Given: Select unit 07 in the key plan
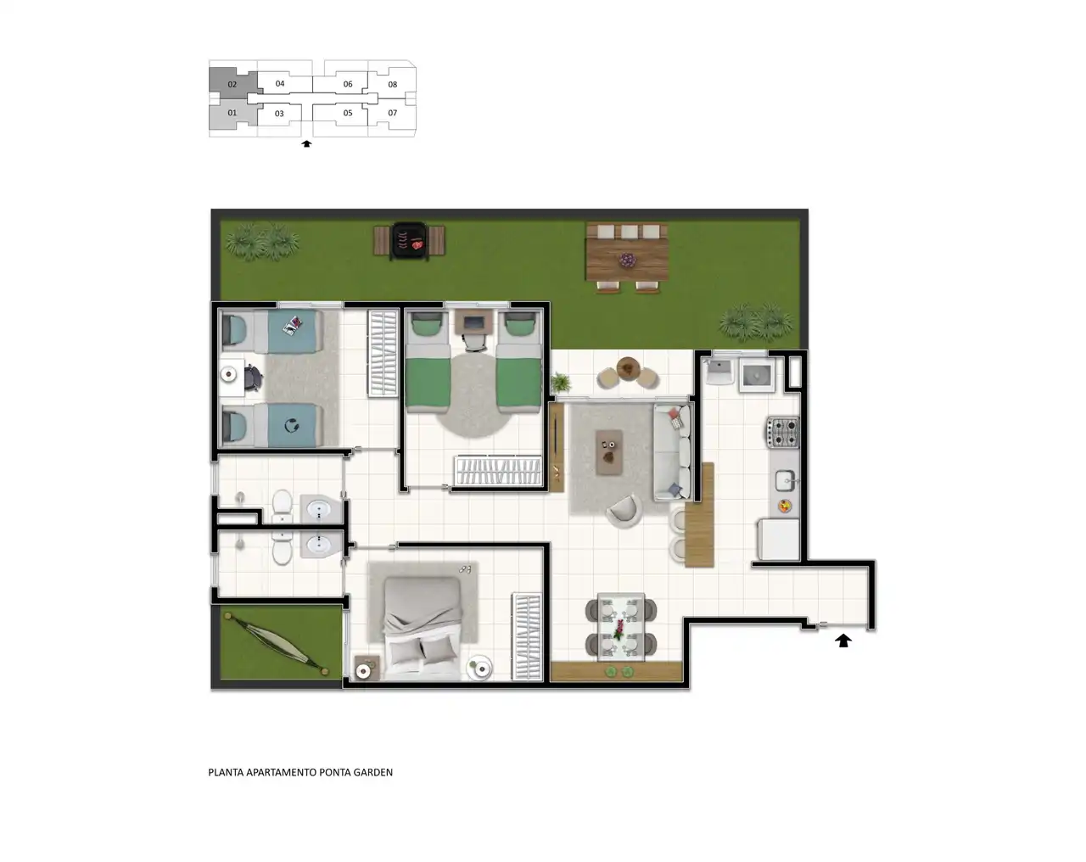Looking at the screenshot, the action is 392,113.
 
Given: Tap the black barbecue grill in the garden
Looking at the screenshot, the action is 409,241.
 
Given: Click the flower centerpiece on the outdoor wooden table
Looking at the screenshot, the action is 627,260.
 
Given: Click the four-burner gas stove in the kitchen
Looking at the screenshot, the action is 783,433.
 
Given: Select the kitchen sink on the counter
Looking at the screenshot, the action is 786,480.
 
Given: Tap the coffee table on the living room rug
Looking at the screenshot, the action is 609,452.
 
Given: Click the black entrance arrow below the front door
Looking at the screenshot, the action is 842,641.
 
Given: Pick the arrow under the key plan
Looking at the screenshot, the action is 306,144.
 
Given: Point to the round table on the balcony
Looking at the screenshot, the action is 628,367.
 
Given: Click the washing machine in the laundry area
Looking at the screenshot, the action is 757,375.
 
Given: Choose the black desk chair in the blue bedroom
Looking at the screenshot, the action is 254,378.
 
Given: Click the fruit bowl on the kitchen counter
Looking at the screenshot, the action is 784,505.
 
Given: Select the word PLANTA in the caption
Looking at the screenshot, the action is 226,772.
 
